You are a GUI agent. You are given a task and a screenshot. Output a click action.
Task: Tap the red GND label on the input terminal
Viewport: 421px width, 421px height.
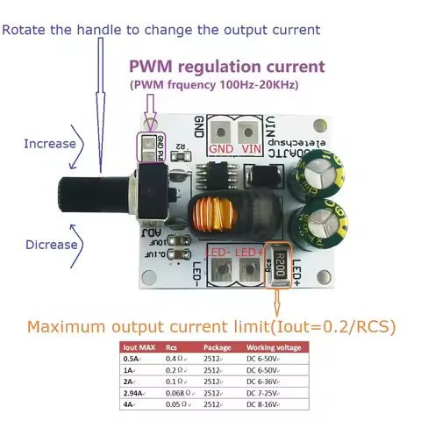221,149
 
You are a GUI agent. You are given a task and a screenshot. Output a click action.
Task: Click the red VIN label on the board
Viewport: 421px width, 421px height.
251,149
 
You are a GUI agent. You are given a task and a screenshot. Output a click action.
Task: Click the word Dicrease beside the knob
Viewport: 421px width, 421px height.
52,245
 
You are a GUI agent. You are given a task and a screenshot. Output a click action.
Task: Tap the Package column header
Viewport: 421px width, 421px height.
217,346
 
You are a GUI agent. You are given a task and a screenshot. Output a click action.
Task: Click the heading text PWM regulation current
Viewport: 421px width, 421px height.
226,67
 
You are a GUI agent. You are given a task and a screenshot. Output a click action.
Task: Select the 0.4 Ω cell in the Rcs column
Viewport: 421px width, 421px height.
176,358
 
